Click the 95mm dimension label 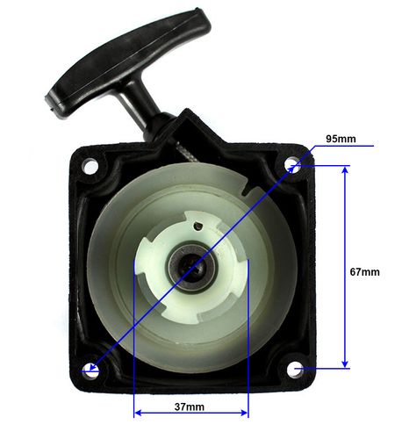(x=341, y=139)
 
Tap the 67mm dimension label (x=365, y=272)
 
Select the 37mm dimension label (x=190, y=407)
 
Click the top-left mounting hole (x=90, y=166)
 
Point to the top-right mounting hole (x=291, y=164)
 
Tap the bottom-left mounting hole (x=91, y=371)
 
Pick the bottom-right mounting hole (x=294, y=370)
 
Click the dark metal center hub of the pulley (x=191, y=267)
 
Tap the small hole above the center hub (x=198, y=225)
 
